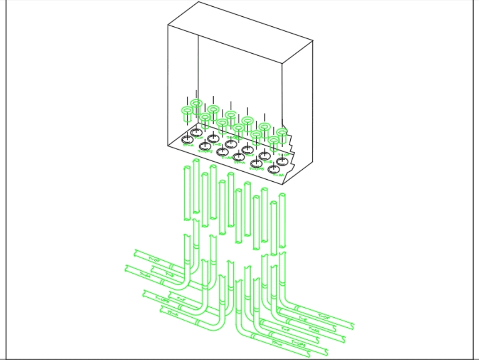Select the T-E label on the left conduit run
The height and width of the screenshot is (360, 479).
coord(169,274)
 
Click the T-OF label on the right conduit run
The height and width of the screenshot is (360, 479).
coord(324,316)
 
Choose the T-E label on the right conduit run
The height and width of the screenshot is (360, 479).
coord(302,319)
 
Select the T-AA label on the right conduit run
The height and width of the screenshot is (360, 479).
coord(314,329)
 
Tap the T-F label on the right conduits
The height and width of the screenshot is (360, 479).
coord(285,329)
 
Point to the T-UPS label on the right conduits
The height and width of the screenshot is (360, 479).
coord(298,344)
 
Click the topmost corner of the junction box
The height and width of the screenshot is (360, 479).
coord(198,2)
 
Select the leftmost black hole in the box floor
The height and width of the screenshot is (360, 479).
coord(187,140)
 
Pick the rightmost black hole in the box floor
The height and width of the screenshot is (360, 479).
coord(282,162)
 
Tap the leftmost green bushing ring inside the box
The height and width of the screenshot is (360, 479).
coord(187,111)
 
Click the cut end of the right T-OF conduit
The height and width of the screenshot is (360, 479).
coord(353,326)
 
